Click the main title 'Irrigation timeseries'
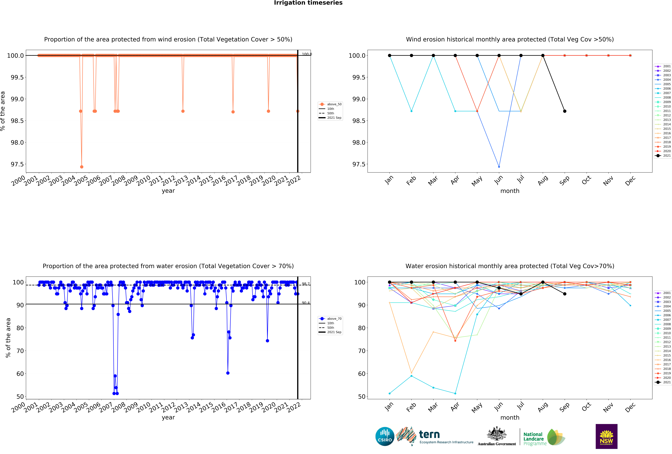point(308,3)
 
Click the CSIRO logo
point(385,436)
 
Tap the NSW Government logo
point(606,436)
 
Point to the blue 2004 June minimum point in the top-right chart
point(499,167)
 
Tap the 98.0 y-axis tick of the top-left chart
point(17,142)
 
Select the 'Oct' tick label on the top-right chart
point(586,181)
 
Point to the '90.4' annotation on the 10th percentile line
point(306,303)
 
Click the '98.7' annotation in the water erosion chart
point(306,284)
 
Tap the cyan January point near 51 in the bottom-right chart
point(389,393)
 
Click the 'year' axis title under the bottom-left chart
point(168,417)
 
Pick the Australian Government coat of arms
point(496,433)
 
